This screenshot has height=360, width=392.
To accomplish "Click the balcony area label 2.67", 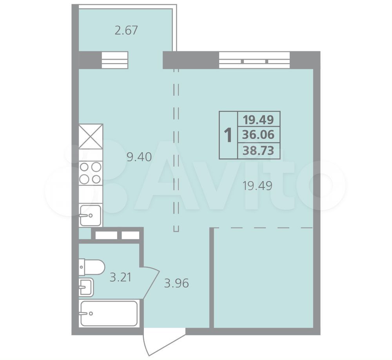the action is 126,30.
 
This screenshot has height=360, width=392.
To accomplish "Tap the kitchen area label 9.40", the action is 139,157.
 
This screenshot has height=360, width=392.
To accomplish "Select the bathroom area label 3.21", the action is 120,277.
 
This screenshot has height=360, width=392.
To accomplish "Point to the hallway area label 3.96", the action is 176,284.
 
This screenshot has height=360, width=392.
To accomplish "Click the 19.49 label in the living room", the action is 258,186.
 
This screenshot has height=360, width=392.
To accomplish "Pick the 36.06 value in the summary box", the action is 258,135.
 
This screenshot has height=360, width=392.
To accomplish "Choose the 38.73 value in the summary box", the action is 258,151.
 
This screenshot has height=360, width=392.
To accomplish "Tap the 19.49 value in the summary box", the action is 258,120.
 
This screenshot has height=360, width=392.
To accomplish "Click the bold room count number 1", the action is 228,135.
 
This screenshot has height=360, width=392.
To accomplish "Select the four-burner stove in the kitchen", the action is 91,173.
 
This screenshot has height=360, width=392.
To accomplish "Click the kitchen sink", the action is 91,215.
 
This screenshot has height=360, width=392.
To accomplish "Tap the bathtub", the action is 109,313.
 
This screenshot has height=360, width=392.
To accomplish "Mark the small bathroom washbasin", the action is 86,287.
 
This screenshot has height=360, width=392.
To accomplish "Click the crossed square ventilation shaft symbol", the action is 91,136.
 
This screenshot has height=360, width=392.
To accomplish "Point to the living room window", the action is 254,60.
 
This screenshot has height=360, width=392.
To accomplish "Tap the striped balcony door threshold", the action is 115,60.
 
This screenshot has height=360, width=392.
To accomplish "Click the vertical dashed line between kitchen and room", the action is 176,150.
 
